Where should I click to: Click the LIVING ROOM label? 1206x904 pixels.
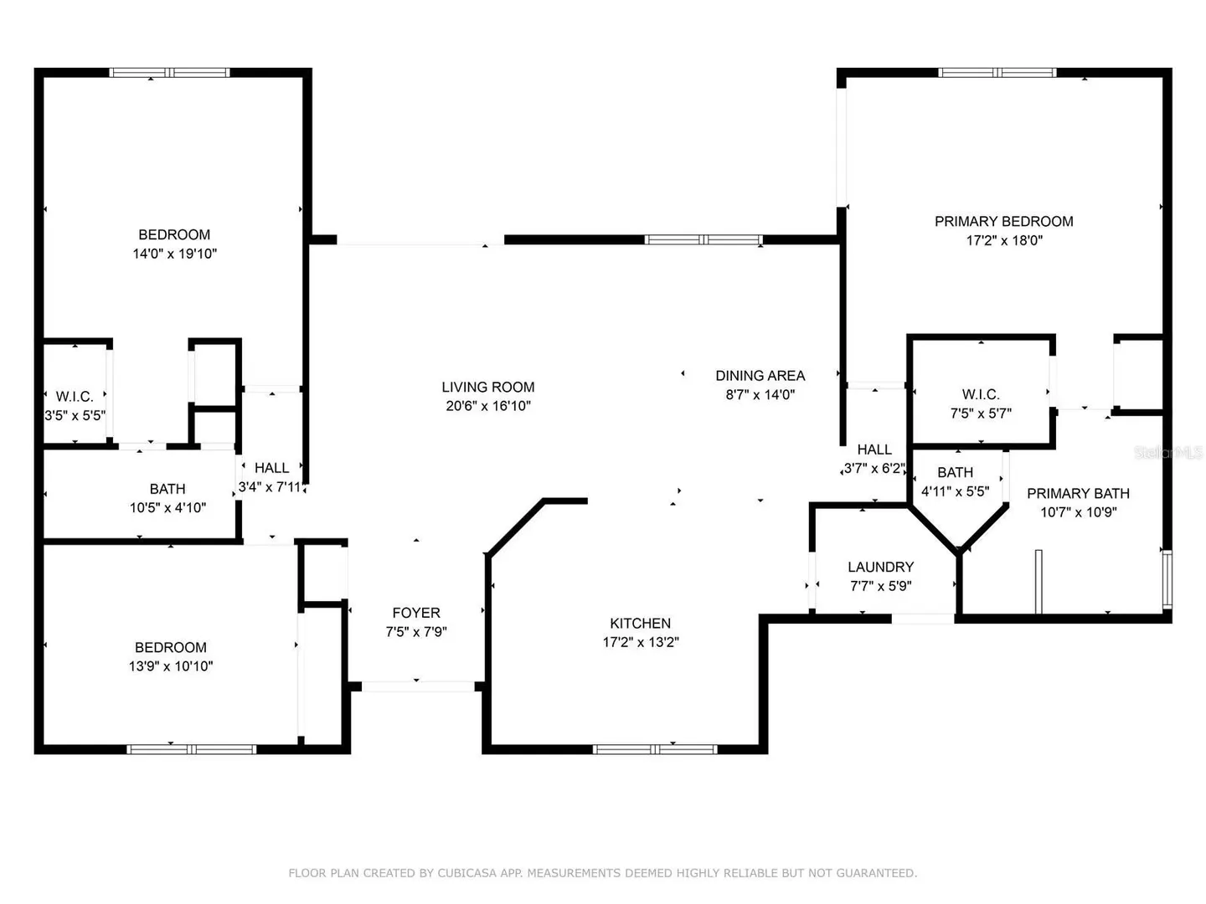(x=487, y=387)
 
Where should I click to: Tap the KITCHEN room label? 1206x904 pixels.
(x=640, y=623)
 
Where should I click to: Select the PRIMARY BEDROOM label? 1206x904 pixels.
(x=1004, y=221)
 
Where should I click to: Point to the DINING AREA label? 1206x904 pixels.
(x=760, y=376)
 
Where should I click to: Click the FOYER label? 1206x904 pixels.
(x=416, y=613)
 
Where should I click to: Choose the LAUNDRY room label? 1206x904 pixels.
(x=880, y=567)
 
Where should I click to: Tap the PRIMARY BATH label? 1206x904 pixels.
(x=1078, y=493)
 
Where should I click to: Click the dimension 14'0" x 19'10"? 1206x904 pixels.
(x=175, y=254)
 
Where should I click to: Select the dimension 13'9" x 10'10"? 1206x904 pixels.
(x=170, y=665)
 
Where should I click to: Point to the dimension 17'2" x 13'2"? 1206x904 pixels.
(x=641, y=642)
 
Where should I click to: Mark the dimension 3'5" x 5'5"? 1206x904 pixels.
(x=75, y=415)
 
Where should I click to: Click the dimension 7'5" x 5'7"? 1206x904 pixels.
(x=981, y=413)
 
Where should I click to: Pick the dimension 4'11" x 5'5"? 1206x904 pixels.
(x=955, y=491)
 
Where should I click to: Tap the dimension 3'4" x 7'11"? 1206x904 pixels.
(x=270, y=487)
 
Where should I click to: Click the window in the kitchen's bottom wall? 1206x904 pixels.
(x=654, y=749)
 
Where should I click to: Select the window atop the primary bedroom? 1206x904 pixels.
(x=997, y=73)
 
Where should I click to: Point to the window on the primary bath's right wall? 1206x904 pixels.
(x=1167, y=579)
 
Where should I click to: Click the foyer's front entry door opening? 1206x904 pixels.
(x=418, y=686)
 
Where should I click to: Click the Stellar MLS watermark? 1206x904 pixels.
(x=1168, y=452)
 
